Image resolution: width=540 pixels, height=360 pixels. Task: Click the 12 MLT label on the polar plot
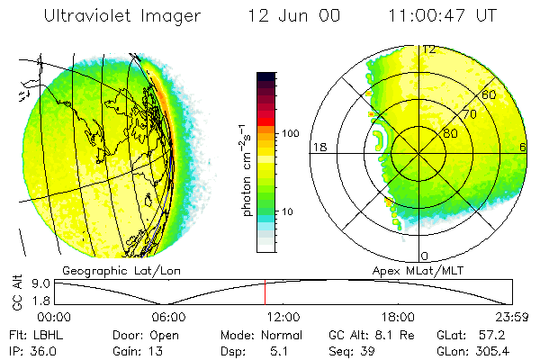pyautogui.click(x=429, y=49)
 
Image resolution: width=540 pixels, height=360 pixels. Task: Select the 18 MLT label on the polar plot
pyautogui.click(x=318, y=147)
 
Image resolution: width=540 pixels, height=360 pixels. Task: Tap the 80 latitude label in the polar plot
pyautogui.click(x=450, y=133)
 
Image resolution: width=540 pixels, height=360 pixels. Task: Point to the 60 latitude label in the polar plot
pyautogui.click(x=490, y=94)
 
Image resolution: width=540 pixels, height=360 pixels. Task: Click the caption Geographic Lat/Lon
pyautogui.click(x=112, y=271)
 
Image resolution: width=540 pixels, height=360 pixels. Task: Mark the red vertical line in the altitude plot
pyautogui.click(x=265, y=292)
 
